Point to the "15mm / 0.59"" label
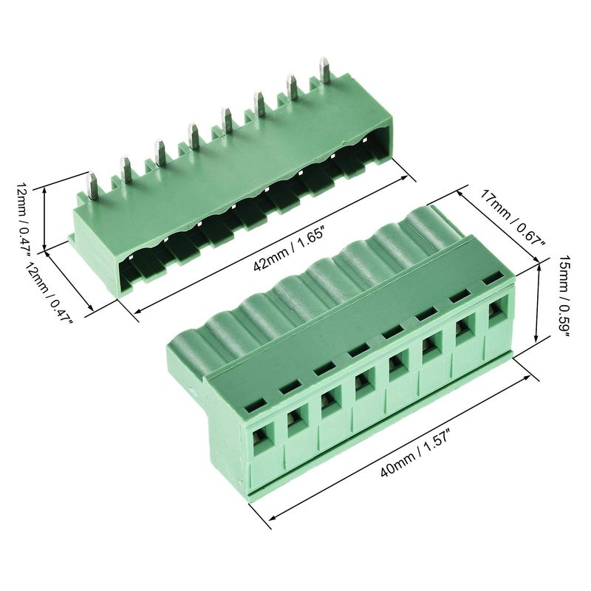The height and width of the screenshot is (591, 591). point(565,294)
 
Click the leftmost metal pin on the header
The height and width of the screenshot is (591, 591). point(92,185)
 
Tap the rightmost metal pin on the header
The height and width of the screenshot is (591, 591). point(324,69)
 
